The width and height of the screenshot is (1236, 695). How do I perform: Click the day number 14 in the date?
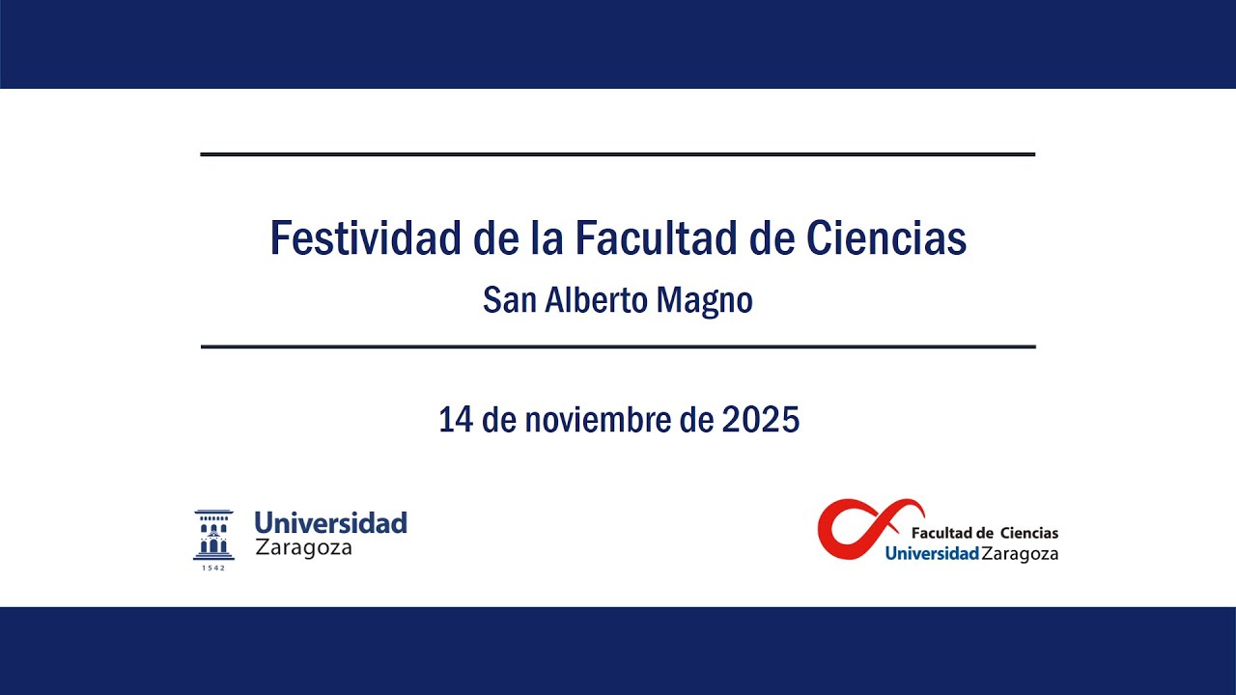click(453, 420)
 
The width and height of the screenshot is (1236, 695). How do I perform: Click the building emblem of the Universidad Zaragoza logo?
click(213, 535)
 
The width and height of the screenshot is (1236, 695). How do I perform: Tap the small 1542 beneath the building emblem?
click(213, 568)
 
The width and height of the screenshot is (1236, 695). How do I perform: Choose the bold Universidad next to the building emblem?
click(330, 523)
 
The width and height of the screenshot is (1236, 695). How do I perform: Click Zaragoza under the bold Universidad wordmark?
click(303, 548)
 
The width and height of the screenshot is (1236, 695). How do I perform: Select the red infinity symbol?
click(867, 527)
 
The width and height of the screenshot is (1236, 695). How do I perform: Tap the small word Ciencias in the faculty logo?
click(1028, 533)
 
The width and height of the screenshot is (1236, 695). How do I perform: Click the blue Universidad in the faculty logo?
click(931, 554)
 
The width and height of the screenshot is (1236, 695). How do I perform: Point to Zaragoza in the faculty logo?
click(1020, 554)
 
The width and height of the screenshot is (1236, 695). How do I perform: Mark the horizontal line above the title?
click(618, 154)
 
